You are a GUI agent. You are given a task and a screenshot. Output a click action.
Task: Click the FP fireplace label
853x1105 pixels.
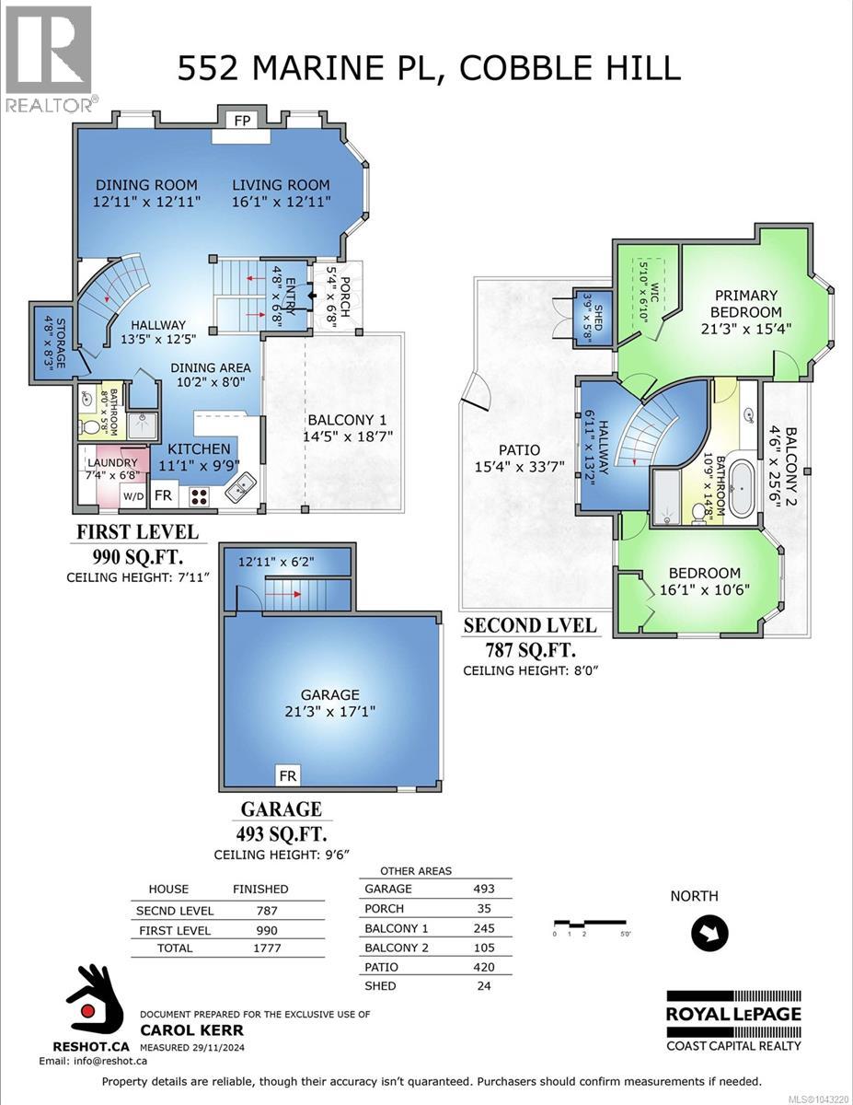pos(242,121)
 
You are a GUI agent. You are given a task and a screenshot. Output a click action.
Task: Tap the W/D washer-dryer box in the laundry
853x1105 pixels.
pos(133,495)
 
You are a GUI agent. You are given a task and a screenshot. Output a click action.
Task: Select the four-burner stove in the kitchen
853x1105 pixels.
pos(199,496)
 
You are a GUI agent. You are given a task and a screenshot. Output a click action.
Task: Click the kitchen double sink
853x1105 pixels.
pos(240,486)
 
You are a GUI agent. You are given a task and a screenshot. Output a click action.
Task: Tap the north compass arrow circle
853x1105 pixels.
pos(709,933)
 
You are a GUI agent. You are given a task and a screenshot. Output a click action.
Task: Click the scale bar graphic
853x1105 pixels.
pos(590,922)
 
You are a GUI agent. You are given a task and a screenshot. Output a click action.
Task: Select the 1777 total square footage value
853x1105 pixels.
pos(267,948)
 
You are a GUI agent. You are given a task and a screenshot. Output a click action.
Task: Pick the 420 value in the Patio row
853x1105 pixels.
pos(484,967)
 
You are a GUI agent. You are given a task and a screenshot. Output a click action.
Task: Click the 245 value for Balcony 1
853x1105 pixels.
pos(484,928)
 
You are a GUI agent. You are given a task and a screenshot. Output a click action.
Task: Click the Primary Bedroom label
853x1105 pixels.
pos(746,304)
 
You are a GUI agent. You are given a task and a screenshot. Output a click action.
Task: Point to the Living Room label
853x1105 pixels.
pos(281,185)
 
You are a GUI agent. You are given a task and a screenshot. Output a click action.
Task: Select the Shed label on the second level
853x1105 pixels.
pos(598,318)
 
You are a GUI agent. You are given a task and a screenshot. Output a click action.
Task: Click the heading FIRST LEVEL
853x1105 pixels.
pos(138,532)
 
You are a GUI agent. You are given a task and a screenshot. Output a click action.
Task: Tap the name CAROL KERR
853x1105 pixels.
pos(192,1030)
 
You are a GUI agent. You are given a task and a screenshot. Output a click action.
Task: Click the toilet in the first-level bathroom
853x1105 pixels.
pos(92,427)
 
